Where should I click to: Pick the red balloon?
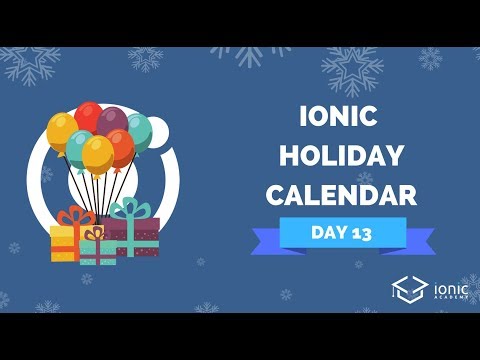click(x=89, y=117)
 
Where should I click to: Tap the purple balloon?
click(x=114, y=124)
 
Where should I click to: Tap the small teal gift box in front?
click(x=97, y=251)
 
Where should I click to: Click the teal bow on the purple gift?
click(x=127, y=208)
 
